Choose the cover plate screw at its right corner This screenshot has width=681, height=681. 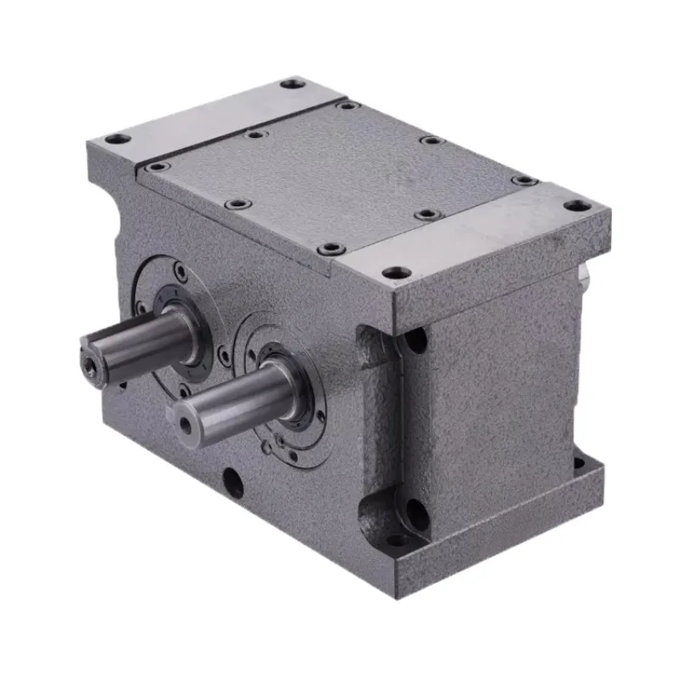coord(523,180)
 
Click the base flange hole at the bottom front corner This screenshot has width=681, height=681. coord(396,539)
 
